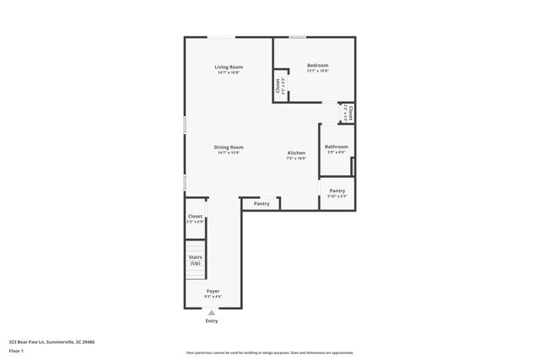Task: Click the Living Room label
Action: point(229,67)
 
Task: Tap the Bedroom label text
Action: point(317,65)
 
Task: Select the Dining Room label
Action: point(229,148)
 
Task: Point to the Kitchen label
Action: point(296,153)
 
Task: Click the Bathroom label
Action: point(336,147)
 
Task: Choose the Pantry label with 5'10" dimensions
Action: point(337,191)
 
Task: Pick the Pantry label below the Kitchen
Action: point(262,203)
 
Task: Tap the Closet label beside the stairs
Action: point(195,217)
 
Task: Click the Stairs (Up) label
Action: point(195,260)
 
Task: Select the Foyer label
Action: point(213,291)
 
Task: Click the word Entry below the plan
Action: point(212,321)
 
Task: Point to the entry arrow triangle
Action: point(212,313)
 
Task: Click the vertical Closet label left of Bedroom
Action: point(278,86)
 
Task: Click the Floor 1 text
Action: point(16,350)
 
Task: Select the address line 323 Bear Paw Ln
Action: point(51,342)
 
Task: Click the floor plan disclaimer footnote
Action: point(269,352)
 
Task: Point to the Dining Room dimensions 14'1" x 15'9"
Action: point(229,153)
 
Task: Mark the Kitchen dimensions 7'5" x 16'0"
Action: point(296,159)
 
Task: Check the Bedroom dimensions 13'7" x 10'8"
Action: point(317,71)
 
